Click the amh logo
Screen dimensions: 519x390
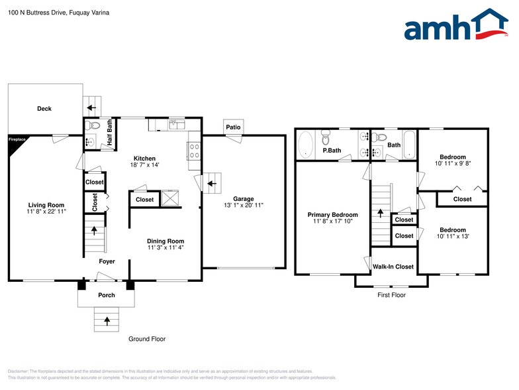456,24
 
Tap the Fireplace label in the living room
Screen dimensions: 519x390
17,139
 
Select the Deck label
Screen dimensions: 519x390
44,109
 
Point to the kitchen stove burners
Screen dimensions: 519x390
195,151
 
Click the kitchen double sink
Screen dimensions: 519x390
177,125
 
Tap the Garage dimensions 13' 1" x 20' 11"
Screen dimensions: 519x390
244,206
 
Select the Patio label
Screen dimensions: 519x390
233,127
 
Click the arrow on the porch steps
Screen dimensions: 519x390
107,321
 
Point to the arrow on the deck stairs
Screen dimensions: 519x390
91,107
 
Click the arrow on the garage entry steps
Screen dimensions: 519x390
212,183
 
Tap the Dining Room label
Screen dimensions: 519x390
165,241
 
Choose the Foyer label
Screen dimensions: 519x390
107,261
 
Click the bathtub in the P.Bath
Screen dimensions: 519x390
306,145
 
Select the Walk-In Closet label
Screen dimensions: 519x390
393,267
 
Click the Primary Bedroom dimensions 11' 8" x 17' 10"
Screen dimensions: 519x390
332,222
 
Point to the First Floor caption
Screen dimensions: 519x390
392,294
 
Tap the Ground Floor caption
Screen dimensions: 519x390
147,338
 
